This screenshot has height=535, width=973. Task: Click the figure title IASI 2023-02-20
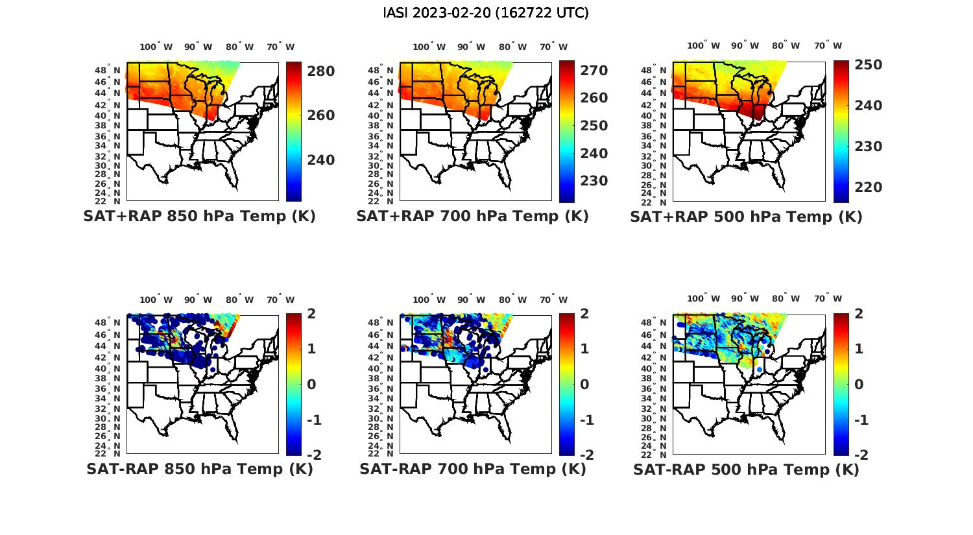point(486,13)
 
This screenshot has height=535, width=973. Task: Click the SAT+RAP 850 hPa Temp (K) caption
point(199,217)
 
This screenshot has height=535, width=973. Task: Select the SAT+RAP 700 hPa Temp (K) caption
point(472,217)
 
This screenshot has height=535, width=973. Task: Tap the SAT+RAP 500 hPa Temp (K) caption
point(746,217)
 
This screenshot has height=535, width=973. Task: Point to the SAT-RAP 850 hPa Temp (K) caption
point(199,469)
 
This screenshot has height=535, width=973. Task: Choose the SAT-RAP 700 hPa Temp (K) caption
point(472,469)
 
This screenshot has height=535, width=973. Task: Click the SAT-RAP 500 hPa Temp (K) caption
point(746,469)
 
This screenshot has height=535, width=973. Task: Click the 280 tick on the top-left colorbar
point(321,71)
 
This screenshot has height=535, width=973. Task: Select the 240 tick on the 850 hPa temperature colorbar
point(321,160)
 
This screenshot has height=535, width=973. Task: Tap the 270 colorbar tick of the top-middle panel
point(594,71)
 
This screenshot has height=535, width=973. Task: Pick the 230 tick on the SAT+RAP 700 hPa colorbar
point(594,181)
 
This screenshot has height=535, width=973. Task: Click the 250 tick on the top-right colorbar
point(869,65)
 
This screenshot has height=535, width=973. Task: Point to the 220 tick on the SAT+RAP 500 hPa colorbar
point(869,187)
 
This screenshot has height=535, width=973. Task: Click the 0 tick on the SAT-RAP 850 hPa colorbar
point(311,385)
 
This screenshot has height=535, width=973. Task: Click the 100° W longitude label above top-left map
point(156,47)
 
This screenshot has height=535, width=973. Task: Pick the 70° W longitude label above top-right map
point(828,45)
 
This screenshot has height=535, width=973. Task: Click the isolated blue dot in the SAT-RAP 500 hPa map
point(759,369)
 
